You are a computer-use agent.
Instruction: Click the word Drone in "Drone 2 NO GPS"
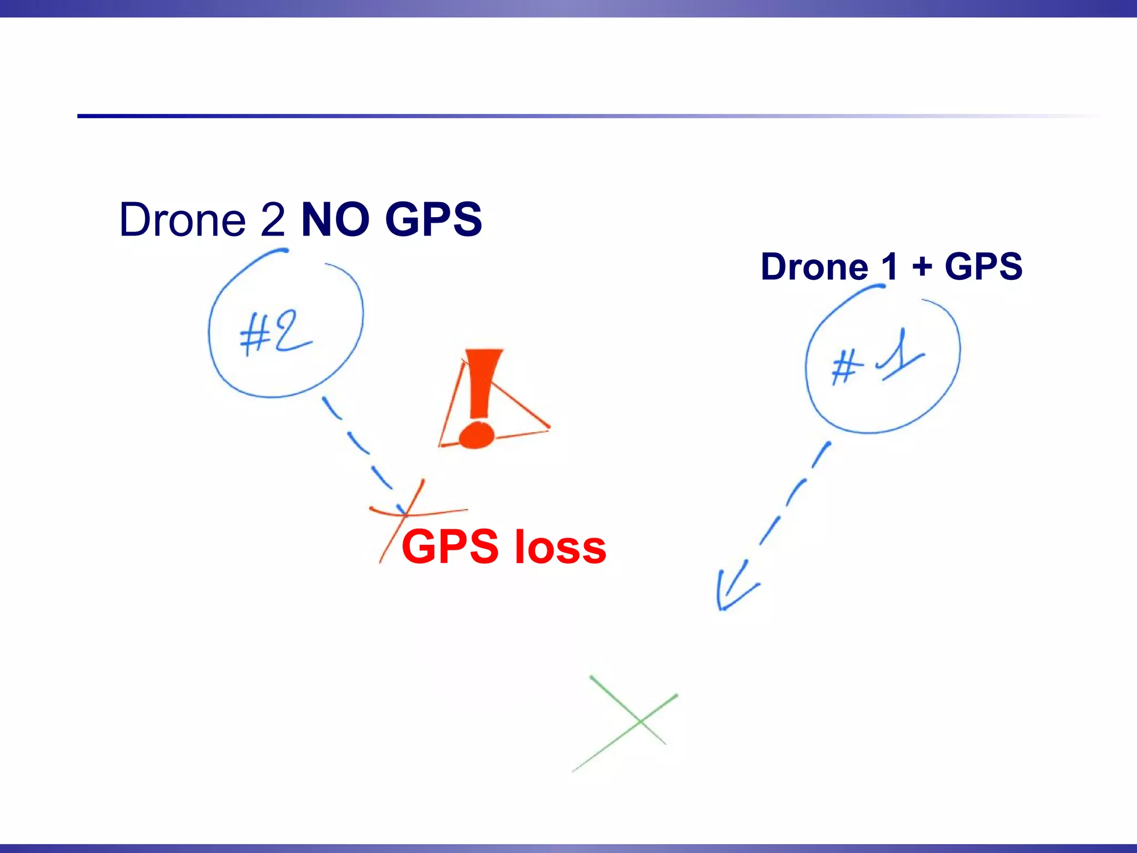tap(182, 219)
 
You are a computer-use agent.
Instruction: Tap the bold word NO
tap(335, 219)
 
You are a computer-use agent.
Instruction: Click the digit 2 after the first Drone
tap(273, 219)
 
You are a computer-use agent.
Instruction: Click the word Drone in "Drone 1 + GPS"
tap(814, 267)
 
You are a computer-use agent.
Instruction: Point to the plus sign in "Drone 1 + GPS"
tap(922, 267)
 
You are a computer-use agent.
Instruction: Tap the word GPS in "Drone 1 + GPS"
tap(983, 267)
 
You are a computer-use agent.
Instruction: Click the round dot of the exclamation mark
tap(476, 435)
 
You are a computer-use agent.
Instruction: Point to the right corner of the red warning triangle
tap(548, 427)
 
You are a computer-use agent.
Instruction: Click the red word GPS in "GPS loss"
tap(450, 547)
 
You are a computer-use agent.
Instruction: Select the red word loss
tap(560, 547)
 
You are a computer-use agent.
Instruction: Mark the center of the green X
tap(640, 721)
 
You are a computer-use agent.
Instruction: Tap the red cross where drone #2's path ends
tap(406, 514)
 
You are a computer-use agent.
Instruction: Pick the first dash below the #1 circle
tap(821, 454)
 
